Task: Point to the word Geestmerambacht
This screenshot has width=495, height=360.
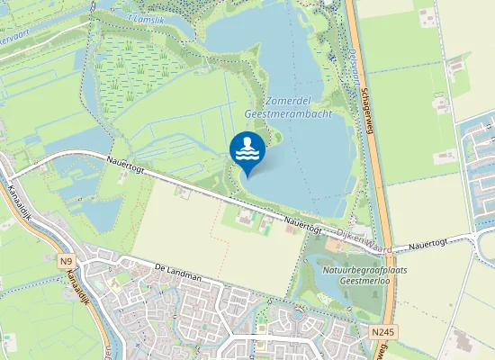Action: point(288,115)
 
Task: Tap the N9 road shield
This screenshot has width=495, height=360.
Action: point(67,262)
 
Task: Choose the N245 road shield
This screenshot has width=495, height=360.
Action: point(382,332)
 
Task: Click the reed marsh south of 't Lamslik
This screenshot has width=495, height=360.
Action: point(126,72)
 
